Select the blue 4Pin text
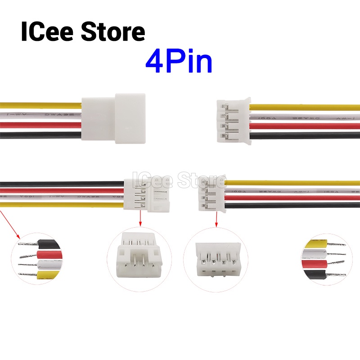click(179, 63)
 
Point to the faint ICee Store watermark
click(178, 181)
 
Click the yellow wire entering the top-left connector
click(40, 106)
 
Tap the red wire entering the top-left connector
click(40, 125)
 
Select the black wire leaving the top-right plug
click(306, 135)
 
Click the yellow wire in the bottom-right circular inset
click(317, 245)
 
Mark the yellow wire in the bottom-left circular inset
click(47, 275)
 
